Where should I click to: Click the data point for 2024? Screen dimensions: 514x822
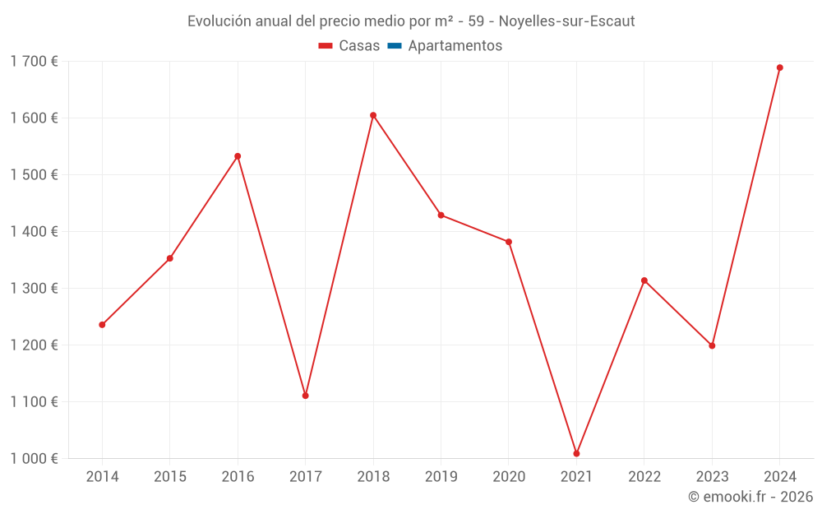[x=779, y=67]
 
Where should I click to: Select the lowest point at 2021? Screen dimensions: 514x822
[x=576, y=453]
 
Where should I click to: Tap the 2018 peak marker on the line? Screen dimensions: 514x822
[x=373, y=115]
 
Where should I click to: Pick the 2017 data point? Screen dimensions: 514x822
[x=305, y=396]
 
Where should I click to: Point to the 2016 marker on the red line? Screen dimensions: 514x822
[x=238, y=156]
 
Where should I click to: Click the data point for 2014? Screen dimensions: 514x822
[x=102, y=325]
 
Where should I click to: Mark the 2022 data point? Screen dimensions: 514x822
[x=644, y=280]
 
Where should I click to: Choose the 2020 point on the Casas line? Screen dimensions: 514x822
[x=509, y=242]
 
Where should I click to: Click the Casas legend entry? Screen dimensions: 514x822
[x=349, y=46]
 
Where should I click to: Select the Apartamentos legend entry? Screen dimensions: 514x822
[x=455, y=46]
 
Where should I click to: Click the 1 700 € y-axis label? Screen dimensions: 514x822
[x=34, y=61]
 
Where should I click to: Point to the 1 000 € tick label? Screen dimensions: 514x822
[x=34, y=458]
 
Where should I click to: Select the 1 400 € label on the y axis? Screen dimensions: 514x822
[x=34, y=231]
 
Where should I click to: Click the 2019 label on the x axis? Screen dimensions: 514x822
[x=441, y=477]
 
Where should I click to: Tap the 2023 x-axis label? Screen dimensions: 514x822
[x=712, y=477]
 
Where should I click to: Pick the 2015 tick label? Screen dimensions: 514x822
[x=170, y=477]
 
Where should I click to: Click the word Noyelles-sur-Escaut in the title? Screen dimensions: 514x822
[x=566, y=21]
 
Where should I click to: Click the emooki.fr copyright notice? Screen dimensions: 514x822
[x=750, y=497]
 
